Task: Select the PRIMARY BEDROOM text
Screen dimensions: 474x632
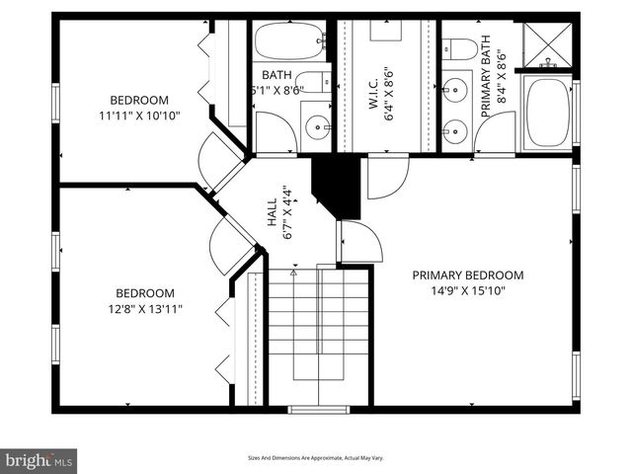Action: pos(467,276)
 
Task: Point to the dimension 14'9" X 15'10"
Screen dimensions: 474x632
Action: pos(467,291)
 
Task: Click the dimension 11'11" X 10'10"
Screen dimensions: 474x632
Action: pos(138,116)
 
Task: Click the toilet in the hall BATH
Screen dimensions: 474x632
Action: pos(314,82)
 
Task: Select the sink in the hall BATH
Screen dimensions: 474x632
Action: pos(317,126)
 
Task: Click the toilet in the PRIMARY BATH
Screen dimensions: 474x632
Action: pos(459,48)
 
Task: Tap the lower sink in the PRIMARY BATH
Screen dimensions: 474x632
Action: pos(455,130)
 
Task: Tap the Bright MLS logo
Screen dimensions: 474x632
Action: pos(39,460)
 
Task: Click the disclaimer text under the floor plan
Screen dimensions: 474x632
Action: pos(316,457)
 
